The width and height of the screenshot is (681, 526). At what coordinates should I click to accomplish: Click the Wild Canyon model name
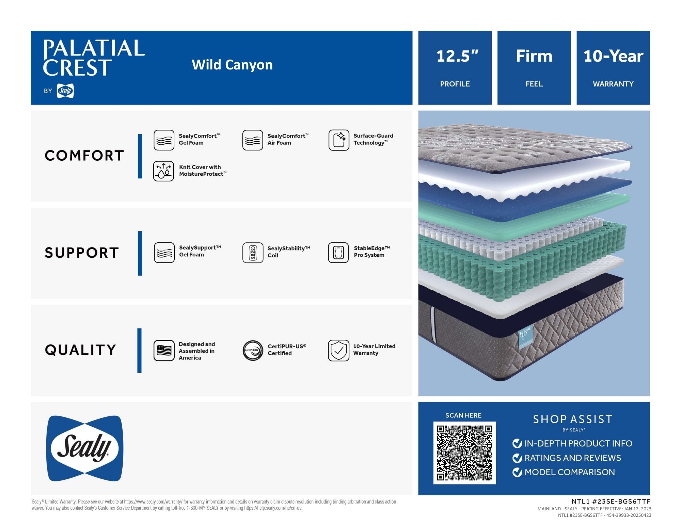tap(232, 65)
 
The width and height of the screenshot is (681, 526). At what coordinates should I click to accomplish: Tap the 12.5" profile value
tap(457, 56)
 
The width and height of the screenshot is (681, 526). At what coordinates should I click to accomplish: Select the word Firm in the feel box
tap(534, 56)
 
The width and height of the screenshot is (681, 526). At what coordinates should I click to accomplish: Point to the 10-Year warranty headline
tap(613, 56)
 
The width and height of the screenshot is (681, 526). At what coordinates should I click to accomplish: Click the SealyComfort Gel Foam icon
tap(164, 140)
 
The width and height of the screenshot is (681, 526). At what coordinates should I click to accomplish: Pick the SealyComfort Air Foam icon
tap(253, 140)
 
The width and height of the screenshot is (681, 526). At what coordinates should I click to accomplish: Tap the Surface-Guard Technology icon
tap(339, 140)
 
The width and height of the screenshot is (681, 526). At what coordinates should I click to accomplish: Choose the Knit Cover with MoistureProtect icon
tap(163, 171)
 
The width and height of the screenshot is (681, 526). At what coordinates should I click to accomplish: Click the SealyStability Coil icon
tap(253, 253)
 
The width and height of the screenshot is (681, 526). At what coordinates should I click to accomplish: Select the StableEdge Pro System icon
tap(338, 253)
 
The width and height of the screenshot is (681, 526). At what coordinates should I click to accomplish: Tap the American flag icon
tap(164, 350)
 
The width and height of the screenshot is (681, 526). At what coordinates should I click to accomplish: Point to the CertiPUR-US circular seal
tap(253, 350)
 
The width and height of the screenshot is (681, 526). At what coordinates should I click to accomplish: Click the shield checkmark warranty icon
tap(338, 350)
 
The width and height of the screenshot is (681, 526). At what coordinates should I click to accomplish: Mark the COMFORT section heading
tap(84, 156)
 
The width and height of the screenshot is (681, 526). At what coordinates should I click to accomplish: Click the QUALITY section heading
tap(80, 350)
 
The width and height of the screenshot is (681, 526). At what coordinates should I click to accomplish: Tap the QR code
tap(464, 453)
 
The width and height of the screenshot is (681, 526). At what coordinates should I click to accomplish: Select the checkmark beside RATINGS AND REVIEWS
tap(517, 458)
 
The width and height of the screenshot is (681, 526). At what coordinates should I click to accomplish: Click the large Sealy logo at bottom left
tap(84, 448)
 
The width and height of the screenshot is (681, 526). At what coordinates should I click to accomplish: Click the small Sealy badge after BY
tap(65, 91)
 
